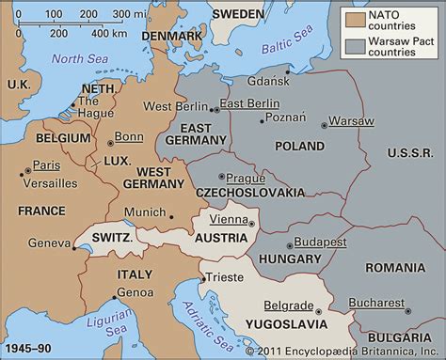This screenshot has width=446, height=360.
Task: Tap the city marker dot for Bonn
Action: pos(111,143)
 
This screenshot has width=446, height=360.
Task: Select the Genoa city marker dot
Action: pos(115,298)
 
